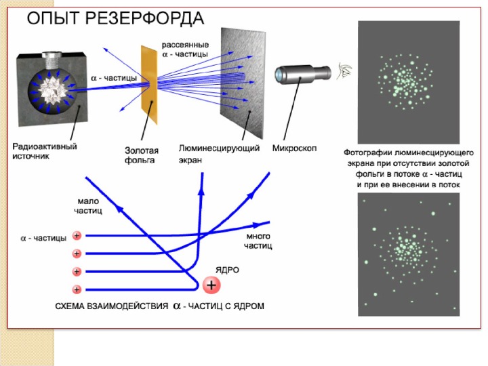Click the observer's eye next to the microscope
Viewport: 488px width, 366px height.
click(x=347, y=69)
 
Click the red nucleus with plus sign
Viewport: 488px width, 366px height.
click(x=211, y=285)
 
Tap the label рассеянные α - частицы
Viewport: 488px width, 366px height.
click(x=184, y=48)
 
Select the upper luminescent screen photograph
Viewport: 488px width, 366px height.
click(x=408, y=81)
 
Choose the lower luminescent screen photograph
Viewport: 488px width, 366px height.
click(x=408, y=255)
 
